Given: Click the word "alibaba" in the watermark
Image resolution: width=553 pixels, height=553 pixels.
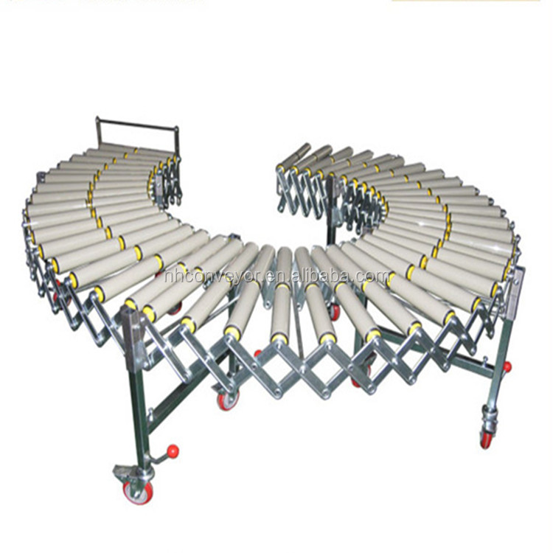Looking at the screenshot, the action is (x=322, y=276).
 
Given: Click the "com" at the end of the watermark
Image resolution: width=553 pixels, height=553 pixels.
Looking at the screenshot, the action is (x=373, y=276).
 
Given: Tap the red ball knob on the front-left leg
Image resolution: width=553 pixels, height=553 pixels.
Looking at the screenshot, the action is (x=173, y=451).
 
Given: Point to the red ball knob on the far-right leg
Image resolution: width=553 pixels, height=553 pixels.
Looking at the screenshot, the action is (x=507, y=366).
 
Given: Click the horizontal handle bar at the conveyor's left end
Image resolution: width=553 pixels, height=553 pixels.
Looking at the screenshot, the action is (x=138, y=124).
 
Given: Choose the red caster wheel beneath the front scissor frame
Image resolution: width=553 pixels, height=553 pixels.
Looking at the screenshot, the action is (x=228, y=400).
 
